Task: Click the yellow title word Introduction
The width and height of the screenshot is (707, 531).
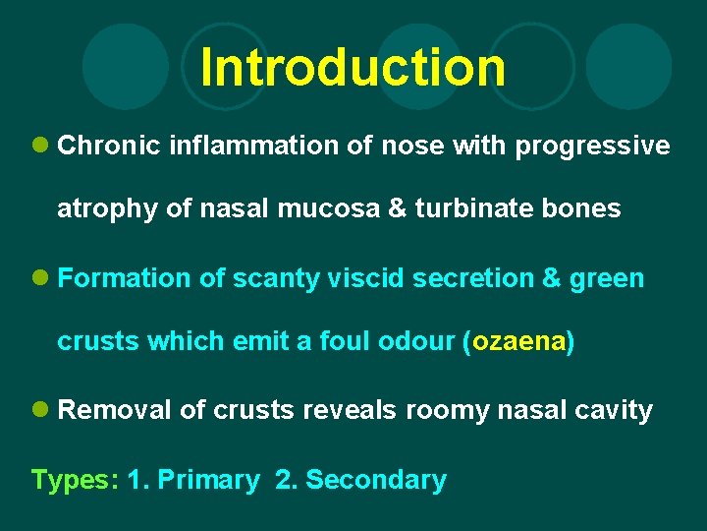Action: tap(353, 68)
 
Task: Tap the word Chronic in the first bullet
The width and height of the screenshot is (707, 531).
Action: tap(109, 147)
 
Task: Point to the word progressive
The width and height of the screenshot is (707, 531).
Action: tap(593, 147)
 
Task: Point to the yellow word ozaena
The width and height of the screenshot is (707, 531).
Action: tap(517, 342)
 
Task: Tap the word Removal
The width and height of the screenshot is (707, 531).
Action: tap(115, 411)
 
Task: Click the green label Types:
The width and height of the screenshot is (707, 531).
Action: tap(75, 481)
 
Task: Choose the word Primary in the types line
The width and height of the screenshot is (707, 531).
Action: tap(208, 481)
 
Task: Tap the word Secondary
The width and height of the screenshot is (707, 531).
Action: tap(376, 481)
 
